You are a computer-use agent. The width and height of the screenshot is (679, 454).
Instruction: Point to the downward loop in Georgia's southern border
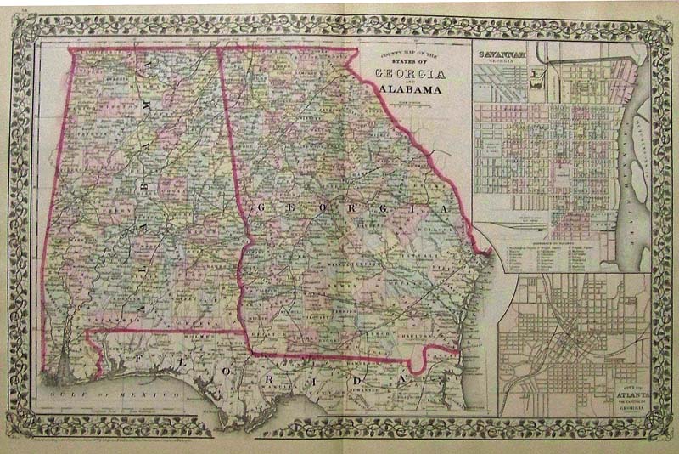pos(416,364)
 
